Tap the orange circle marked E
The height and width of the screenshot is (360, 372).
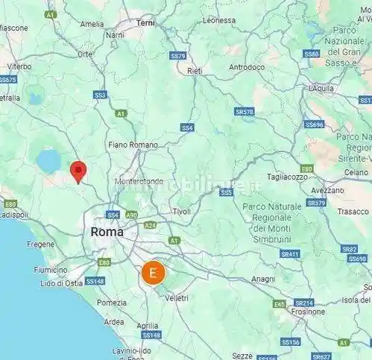153,273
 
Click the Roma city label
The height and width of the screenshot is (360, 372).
107,232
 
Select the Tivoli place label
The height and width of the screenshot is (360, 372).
181,212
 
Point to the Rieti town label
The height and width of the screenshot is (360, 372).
195,71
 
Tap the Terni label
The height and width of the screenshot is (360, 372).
145,23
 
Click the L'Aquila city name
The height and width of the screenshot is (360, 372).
323,88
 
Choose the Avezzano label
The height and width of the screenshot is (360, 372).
327,190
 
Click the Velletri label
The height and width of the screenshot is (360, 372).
177,297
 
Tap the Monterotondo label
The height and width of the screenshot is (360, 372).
139,181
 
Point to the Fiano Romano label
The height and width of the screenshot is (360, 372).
133,145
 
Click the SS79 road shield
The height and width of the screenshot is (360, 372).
177,56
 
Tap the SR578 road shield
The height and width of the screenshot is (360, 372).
244,112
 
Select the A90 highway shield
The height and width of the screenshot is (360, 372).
132,215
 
